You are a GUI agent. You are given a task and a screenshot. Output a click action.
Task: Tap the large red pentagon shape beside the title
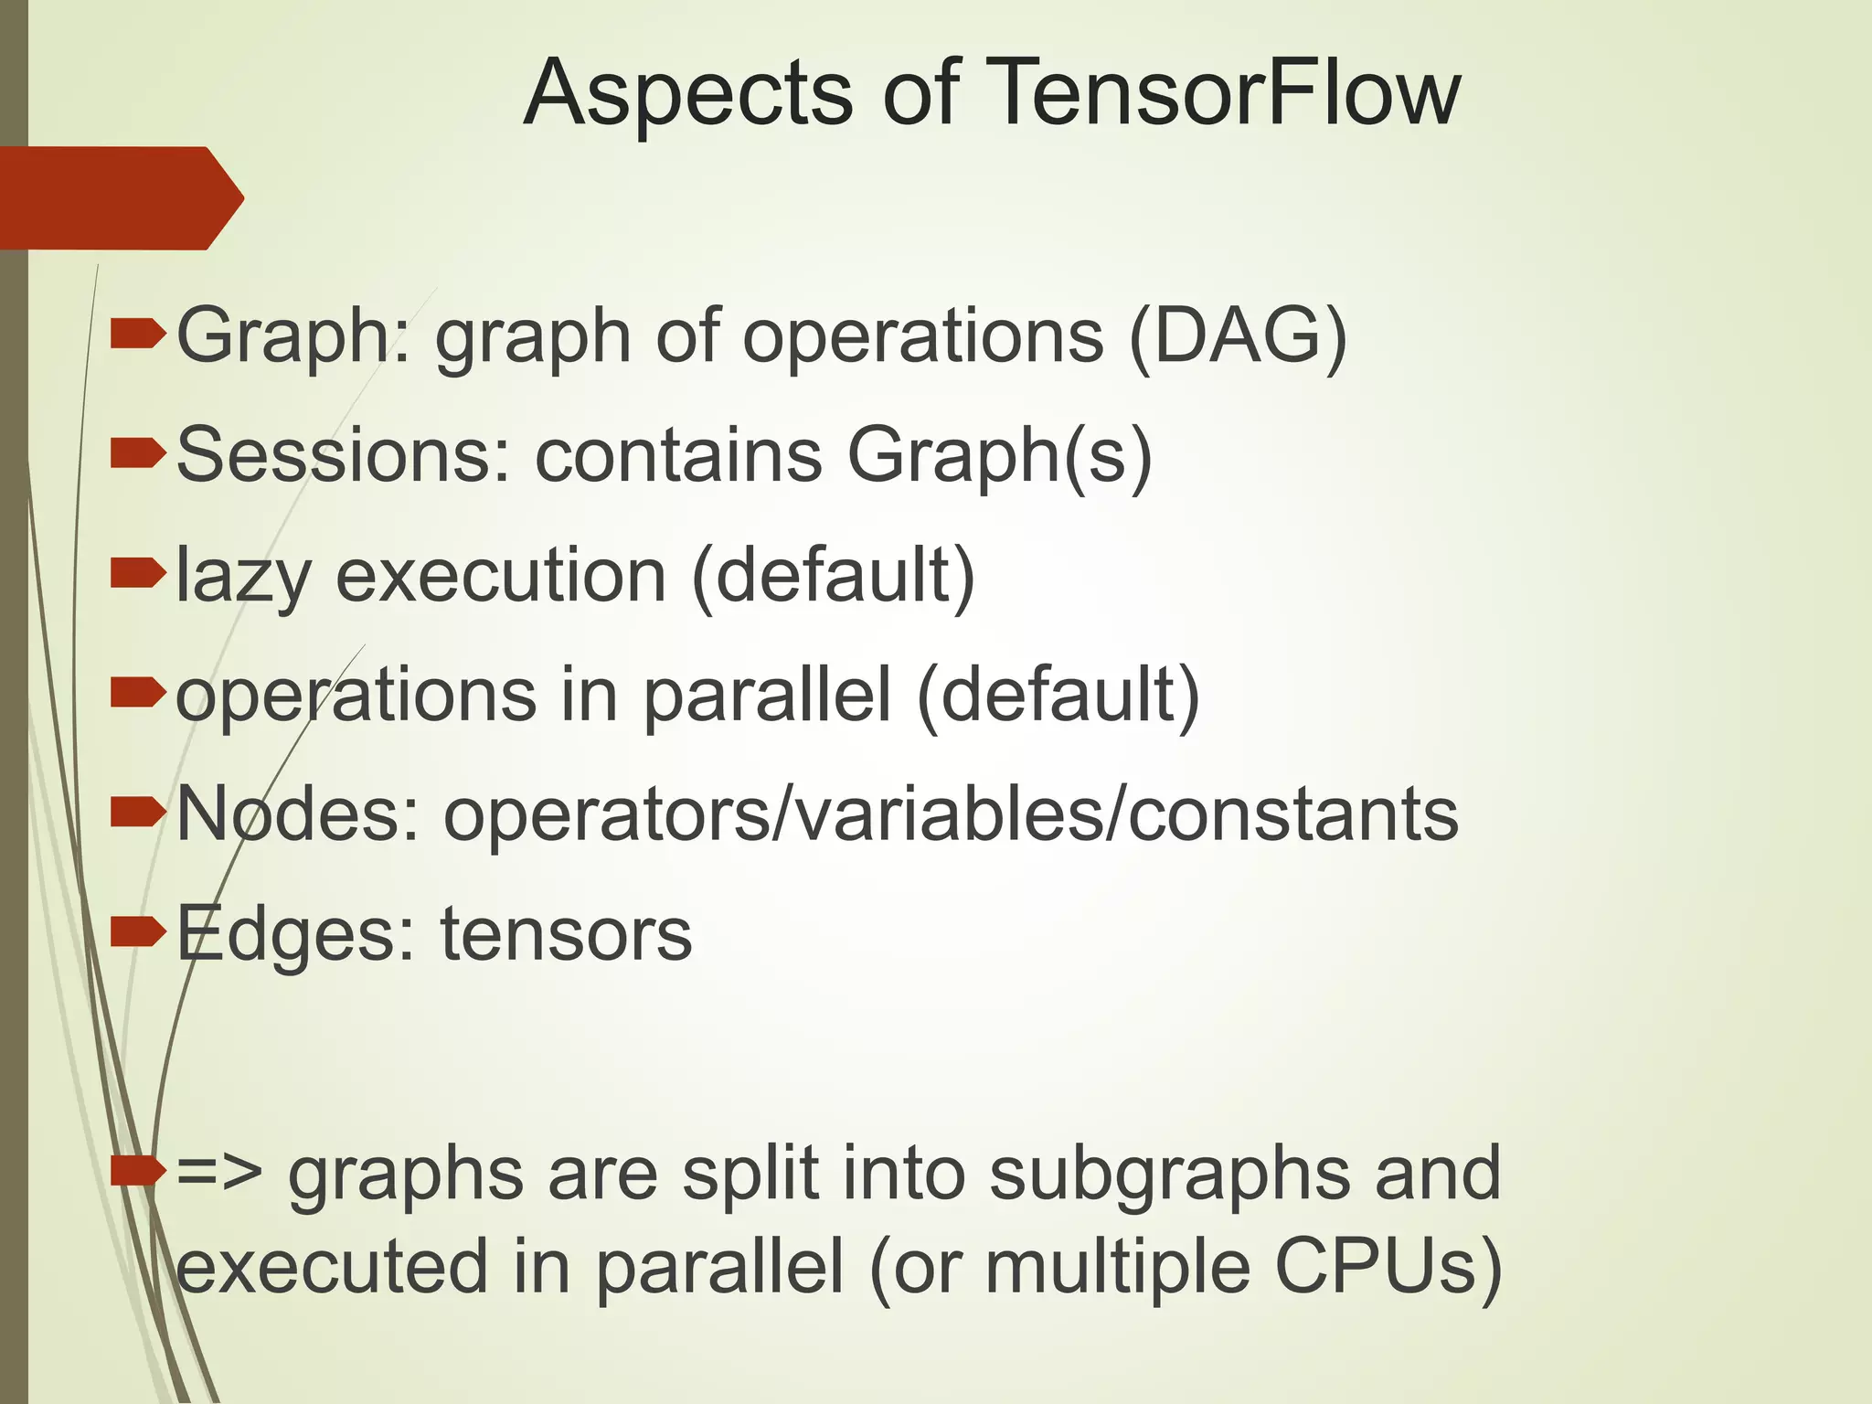119,197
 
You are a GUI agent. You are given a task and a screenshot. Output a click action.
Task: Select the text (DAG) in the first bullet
1238,335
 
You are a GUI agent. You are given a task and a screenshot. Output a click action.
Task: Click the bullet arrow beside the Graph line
137,335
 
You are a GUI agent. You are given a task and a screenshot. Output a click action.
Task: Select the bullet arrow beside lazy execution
137,574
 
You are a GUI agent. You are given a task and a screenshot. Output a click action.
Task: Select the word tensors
566,934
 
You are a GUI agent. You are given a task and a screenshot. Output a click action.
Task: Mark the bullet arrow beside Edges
137,932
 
